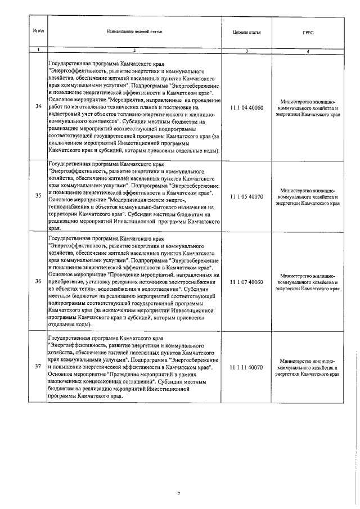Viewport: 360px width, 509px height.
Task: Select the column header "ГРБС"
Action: tap(308, 33)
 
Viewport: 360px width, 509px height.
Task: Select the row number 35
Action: tap(38, 196)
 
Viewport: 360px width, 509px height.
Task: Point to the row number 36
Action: tap(38, 281)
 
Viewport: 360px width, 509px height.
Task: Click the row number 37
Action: tap(38, 367)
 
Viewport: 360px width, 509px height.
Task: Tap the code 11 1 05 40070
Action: tap(246, 196)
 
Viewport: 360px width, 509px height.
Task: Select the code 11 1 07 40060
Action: tap(246, 281)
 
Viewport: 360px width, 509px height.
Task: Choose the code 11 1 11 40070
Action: tap(246, 367)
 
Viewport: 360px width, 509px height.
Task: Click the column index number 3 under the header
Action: tap(246, 51)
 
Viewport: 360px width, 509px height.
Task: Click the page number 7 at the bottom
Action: tap(179, 494)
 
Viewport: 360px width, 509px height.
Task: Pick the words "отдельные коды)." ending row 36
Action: tap(71, 325)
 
